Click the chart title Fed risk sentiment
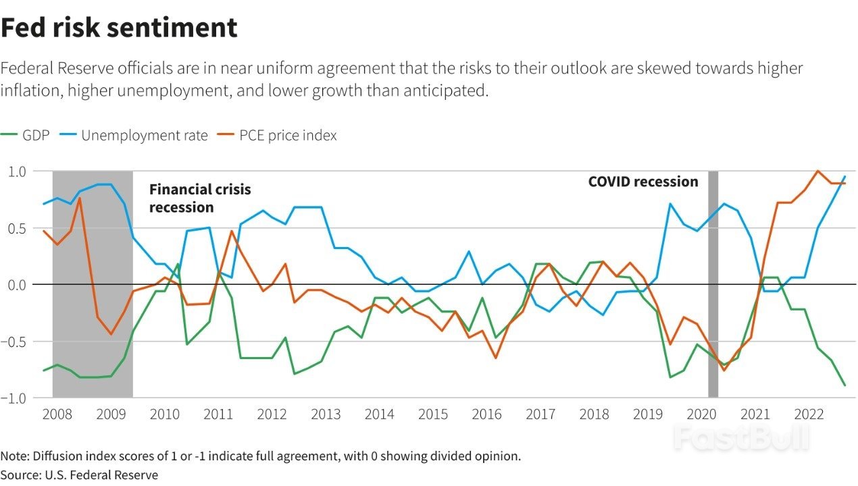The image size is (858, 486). (x=119, y=28)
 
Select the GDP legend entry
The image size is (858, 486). (x=27, y=135)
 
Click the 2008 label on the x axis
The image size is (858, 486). (x=57, y=414)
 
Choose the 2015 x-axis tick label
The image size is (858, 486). (x=433, y=414)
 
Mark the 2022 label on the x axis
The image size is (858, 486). (x=809, y=414)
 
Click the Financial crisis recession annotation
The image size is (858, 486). (x=199, y=198)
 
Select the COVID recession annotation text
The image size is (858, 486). (x=642, y=182)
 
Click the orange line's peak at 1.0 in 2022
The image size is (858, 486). (x=818, y=171)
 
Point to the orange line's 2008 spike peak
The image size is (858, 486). (x=80, y=198)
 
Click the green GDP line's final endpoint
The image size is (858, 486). (x=844, y=385)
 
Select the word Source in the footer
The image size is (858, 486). (x=20, y=475)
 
